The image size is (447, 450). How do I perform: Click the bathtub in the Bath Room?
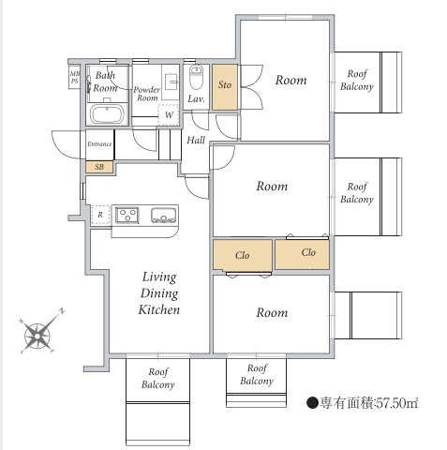tap(107, 113)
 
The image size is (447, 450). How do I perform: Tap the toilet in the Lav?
tap(196, 78)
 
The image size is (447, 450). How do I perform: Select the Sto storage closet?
tap(225, 87)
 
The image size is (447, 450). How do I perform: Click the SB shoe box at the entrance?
tap(99, 167)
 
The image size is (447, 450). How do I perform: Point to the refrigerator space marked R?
tap(100, 215)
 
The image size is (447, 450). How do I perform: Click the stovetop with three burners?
tap(127, 215)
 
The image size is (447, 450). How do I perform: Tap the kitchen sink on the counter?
tap(163, 215)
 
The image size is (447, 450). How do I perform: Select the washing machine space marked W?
tap(169, 114)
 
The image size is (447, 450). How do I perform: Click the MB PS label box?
tap(75, 78)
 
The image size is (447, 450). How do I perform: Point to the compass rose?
tap(38, 335)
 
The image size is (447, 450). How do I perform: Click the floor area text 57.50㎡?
tap(396, 403)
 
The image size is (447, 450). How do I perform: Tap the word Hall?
tap(196, 140)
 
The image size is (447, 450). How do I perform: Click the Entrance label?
tap(99, 144)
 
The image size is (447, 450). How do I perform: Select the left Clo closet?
tap(243, 255)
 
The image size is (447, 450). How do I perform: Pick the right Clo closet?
tap(302, 254)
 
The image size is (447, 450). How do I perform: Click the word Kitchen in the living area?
tap(159, 309)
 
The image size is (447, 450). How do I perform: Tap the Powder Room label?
tap(147, 94)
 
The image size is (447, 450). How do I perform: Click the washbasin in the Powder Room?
tap(171, 82)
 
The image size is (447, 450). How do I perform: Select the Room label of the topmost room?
tap(291, 81)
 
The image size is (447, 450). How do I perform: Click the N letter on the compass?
tap(62, 310)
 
